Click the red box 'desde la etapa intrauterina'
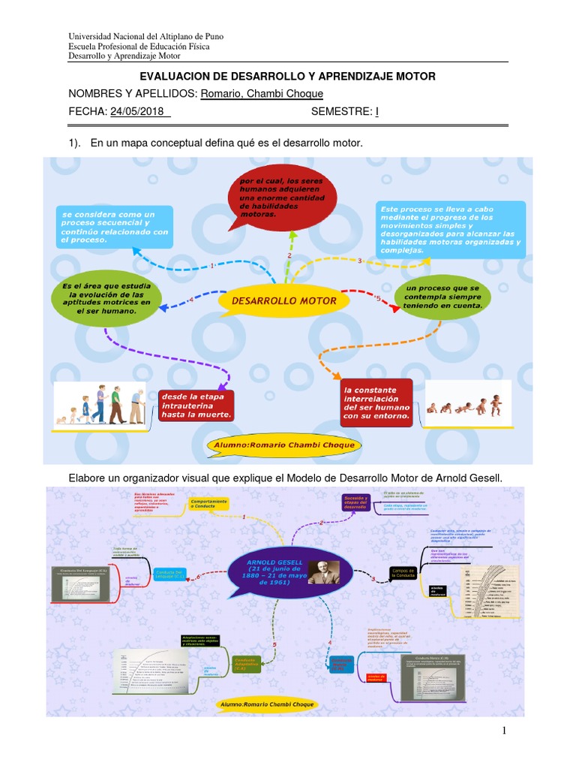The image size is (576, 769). (x=196, y=406)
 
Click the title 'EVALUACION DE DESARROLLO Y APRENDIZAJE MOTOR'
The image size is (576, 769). (x=288, y=77)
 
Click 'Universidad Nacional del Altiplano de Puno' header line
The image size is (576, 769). (x=145, y=37)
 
